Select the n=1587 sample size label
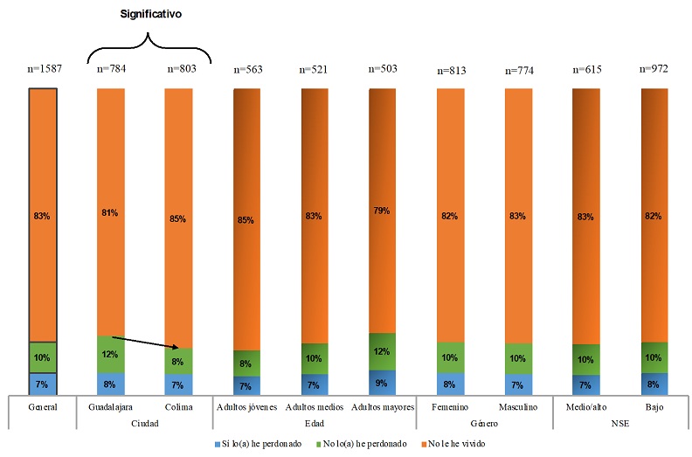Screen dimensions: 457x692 click(x=43, y=69)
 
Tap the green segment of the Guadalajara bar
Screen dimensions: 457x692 click(x=110, y=354)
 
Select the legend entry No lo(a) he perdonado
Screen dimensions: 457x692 click(x=362, y=444)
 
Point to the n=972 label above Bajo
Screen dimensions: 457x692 click(x=654, y=68)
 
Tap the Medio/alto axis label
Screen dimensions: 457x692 click(x=585, y=407)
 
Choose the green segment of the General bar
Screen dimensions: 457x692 click(x=43, y=357)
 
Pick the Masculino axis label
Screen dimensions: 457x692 click(x=519, y=407)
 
